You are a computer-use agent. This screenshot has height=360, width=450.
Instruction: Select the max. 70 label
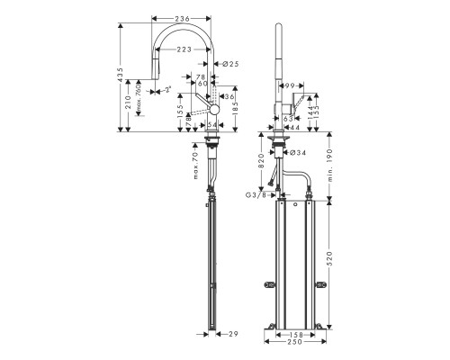pyautogui.click(x=194, y=166)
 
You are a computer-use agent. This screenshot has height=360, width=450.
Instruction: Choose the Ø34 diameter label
pyautogui.click(x=296, y=151)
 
